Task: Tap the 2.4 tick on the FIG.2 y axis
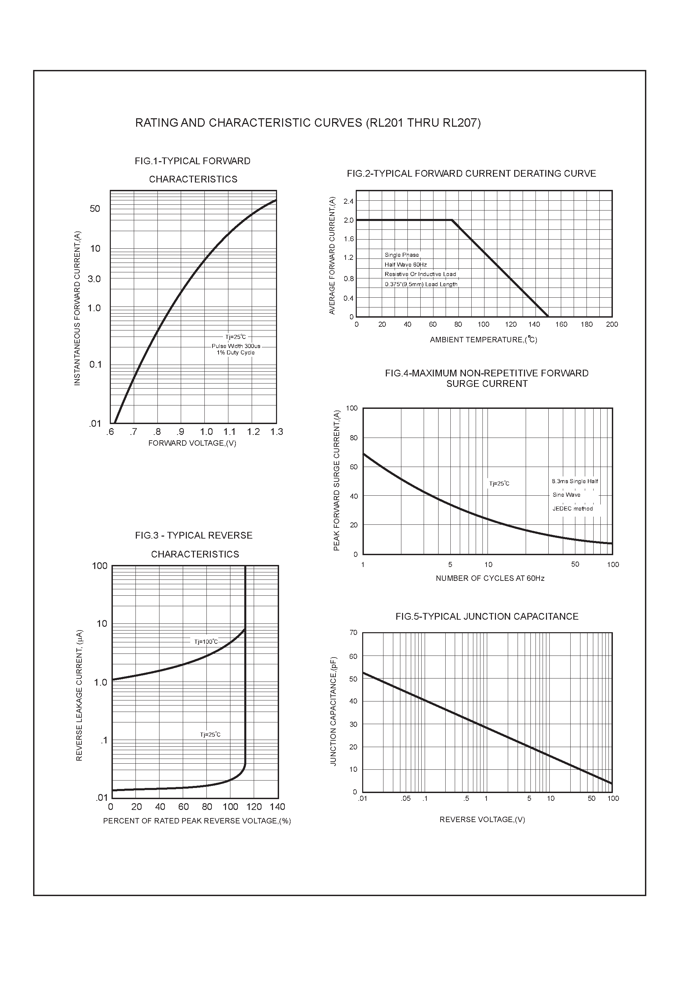point(349,201)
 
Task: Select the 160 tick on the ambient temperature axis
point(561,324)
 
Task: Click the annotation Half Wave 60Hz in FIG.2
point(405,265)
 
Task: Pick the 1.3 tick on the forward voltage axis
point(277,431)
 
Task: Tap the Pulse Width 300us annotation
point(236,346)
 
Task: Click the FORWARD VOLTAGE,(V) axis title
point(192,443)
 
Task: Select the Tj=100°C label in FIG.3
point(206,642)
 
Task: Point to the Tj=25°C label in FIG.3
point(210,735)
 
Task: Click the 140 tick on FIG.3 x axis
point(278,807)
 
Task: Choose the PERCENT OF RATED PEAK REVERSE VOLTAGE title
point(197,821)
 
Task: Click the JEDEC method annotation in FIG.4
point(572,509)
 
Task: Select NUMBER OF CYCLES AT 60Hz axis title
point(490,578)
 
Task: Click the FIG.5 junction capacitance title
point(487,617)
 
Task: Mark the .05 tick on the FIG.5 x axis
point(406,799)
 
